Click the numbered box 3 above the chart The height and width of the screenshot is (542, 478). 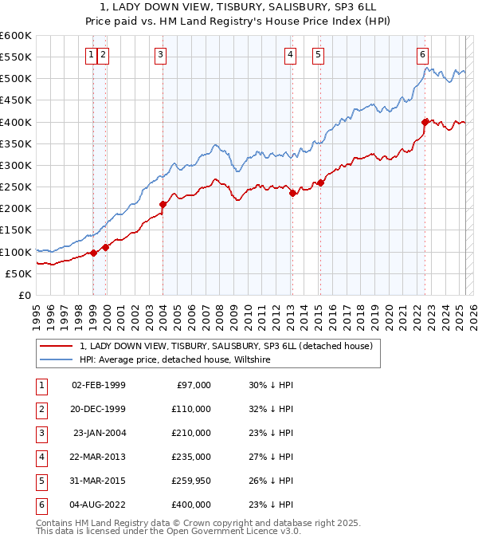[x=161, y=54]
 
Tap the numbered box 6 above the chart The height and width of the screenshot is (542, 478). [x=422, y=54]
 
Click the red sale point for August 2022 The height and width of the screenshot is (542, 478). [x=425, y=122]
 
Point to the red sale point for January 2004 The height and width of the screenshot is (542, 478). [x=163, y=204]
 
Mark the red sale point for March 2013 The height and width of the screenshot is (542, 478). [x=292, y=193]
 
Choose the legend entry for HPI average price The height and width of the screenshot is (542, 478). [x=175, y=360]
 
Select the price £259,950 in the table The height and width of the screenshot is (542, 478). [x=191, y=481]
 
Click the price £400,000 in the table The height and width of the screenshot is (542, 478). [x=191, y=505]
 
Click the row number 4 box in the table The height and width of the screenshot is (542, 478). [x=40, y=457]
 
